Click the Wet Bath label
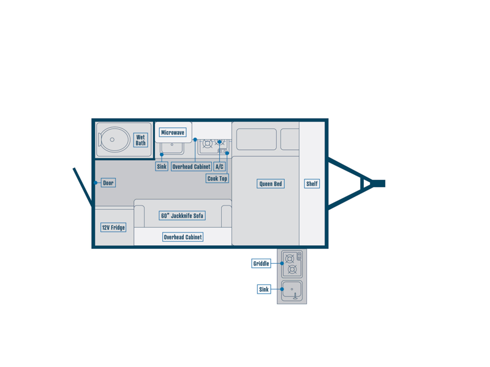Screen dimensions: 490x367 click(141, 140)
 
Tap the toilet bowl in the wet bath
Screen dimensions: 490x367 click(114, 140)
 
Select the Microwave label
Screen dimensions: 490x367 click(173, 132)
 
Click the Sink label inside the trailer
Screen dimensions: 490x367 click(162, 166)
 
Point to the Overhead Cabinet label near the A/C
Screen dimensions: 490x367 click(191, 166)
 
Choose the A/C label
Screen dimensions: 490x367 click(219, 166)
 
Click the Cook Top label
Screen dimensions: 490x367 click(217, 179)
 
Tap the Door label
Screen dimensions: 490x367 click(108, 183)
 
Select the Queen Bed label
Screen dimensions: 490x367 click(271, 184)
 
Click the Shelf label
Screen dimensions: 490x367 click(312, 184)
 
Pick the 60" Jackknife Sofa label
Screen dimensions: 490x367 click(182, 216)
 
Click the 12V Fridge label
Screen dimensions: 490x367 click(113, 228)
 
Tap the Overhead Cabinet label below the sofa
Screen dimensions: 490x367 click(183, 237)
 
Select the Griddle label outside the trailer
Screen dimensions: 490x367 click(261, 264)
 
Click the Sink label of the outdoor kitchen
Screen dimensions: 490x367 click(264, 289)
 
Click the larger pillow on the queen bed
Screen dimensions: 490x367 click(257, 139)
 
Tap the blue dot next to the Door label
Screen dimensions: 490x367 click(96, 183)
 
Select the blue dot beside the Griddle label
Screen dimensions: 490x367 click(282, 264)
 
